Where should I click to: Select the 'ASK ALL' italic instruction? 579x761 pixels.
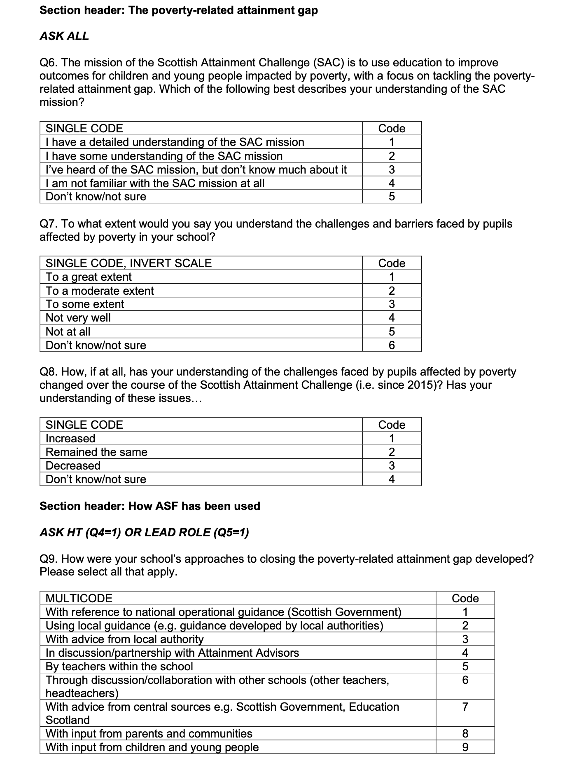(x=64, y=36)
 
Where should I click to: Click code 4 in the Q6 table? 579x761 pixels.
(x=391, y=183)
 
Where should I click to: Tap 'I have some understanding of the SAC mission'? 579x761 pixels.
(x=164, y=156)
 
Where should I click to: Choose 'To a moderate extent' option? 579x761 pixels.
(x=100, y=291)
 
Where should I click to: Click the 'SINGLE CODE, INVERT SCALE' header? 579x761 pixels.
(x=128, y=263)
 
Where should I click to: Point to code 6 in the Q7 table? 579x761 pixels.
(x=391, y=345)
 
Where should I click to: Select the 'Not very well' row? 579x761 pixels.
(x=78, y=318)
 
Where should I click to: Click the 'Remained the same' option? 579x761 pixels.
(x=96, y=452)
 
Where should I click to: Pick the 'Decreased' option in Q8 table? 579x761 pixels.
(x=73, y=465)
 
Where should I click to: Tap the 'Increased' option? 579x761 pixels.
(x=70, y=438)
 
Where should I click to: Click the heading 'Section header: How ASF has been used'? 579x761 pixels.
(x=150, y=506)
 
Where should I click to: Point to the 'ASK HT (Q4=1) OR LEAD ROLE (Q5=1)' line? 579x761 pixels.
(x=144, y=533)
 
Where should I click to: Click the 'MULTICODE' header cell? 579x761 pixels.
(x=79, y=598)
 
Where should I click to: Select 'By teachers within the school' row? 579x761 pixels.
(x=119, y=666)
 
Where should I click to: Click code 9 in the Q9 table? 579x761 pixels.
(x=465, y=747)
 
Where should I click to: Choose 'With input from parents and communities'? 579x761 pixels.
(x=149, y=733)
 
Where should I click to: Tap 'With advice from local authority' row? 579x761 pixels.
(x=124, y=639)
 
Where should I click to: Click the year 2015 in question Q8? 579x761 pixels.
(x=419, y=385)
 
